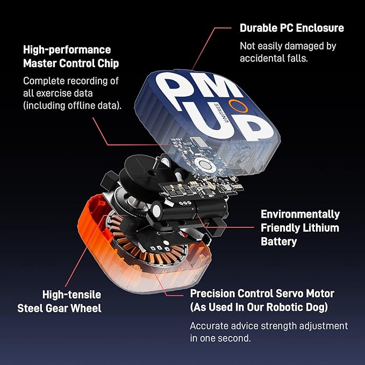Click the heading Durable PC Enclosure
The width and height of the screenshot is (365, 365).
coord(291,27)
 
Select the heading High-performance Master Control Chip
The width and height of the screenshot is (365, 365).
coord(70,56)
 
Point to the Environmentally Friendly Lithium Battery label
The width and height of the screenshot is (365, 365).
coord(300,227)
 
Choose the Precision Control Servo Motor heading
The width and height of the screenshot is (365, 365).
coord(262,294)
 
